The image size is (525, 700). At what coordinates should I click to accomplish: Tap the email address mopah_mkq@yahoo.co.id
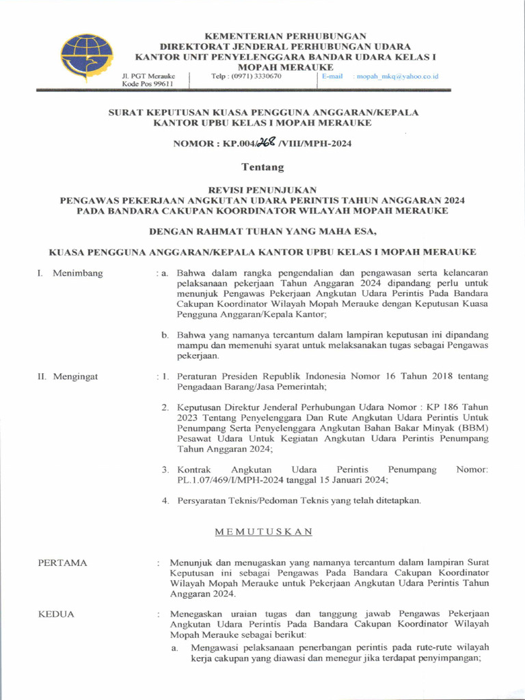click(x=397, y=77)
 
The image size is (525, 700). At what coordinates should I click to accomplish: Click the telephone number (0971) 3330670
click(x=247, y=77)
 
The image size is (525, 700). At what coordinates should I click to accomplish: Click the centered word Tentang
click(x=262, y=167)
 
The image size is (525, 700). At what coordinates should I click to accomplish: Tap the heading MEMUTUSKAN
click(x=262, y=531)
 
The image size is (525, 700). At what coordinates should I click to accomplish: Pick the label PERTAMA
click(x=63, y=563)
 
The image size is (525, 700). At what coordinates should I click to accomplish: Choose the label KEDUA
click(x=56, y=614)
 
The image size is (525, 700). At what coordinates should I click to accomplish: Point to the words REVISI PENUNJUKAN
click(x=262, y=189)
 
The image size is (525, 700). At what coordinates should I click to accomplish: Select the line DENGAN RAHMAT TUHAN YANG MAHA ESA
click(x=262, y=231)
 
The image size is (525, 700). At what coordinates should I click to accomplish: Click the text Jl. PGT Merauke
click(x=148, y=76)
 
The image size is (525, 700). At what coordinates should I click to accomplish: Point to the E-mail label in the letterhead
click(x=332, y=77)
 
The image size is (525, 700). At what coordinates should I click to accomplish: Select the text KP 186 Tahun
click(x=461, y=407)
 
